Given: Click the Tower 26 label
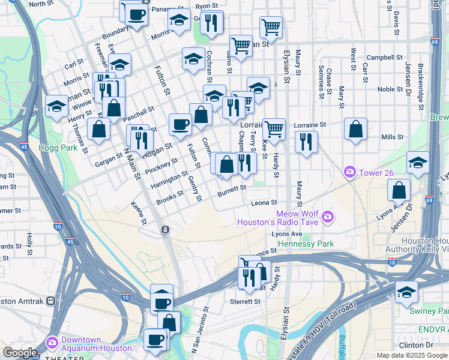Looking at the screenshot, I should point(376,173).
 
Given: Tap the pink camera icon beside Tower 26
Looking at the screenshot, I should point(349,173).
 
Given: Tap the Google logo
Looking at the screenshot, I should point(20,353).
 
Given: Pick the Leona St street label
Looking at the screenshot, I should point(264,203).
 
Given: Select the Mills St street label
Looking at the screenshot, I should point(392,137).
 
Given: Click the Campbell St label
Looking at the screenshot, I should point(384,58).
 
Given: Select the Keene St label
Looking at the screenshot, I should point(139,212).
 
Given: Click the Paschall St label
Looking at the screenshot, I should point(139,113).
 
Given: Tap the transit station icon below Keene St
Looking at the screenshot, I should point(164,230).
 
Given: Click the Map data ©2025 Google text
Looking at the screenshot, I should point(412,355).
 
